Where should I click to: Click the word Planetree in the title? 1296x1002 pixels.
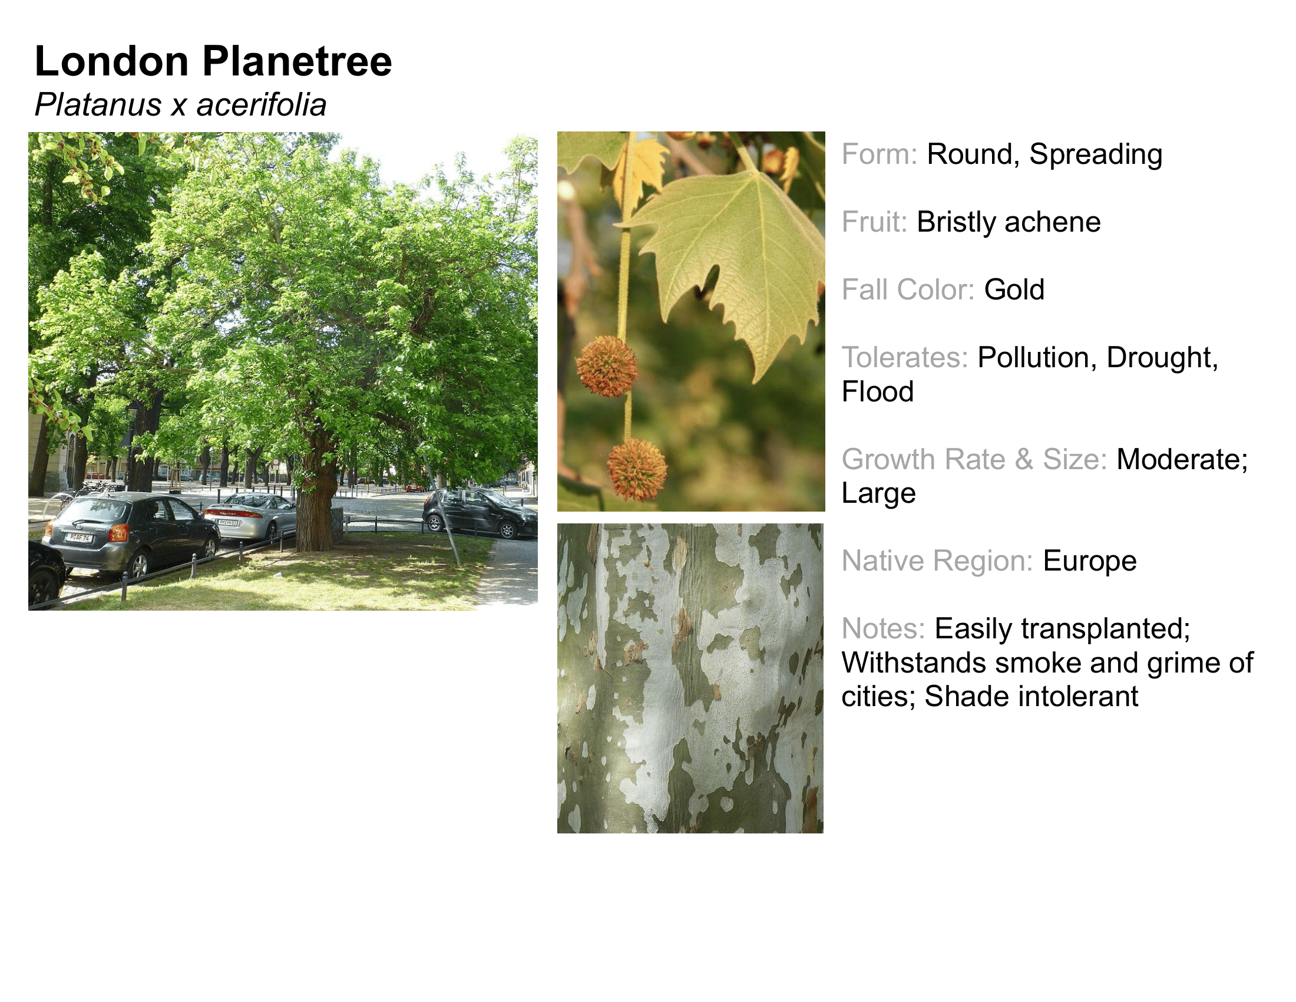point(297,61)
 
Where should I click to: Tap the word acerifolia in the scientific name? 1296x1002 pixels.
point(261,105)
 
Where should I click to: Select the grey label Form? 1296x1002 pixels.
point(880,154)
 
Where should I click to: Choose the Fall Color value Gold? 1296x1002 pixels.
point(1014,289)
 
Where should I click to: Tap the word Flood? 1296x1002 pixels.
point(878,392)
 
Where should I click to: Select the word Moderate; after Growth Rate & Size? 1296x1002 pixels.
point(1183,460)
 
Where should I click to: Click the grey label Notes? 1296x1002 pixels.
point(884,629)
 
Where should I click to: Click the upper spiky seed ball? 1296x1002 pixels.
point(606,366)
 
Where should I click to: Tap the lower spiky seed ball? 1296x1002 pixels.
point(637,469)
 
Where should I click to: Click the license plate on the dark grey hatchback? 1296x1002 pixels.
point(78,538)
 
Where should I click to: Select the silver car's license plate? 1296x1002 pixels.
point(228,523)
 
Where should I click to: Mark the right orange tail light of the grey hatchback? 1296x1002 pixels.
point(118,532)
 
